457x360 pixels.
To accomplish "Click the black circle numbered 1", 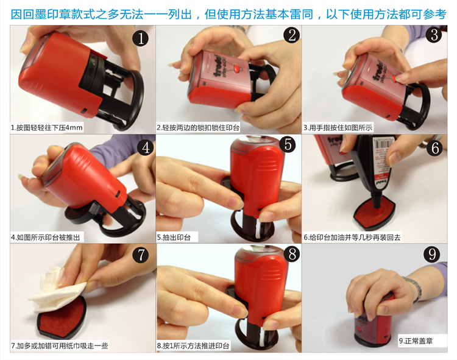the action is pos(141,38).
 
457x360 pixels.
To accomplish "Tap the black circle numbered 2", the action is pos(292,35).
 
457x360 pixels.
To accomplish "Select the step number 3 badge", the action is pos(434,35).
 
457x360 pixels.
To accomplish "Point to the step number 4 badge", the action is pos(146,147).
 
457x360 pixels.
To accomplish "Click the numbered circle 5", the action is pos(288,144).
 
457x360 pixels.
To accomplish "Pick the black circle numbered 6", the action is pos(435,148).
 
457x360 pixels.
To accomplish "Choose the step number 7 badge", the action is pos(141,255).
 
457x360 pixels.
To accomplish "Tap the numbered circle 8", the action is pos(292,254).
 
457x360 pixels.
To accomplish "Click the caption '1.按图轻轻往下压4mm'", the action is pos(47,127).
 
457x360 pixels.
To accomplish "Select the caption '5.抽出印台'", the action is pos(174,238).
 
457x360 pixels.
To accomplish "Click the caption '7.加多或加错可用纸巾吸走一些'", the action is pos(60,346).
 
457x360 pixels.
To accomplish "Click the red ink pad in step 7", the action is pos(62,320).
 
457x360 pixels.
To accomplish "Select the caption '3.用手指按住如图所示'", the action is pos(338,127).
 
